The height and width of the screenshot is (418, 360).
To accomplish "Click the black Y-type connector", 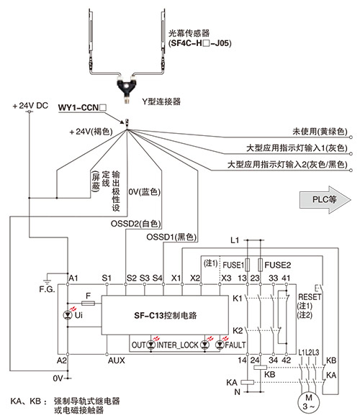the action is (127, 88).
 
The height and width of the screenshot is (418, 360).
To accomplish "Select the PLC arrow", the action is (325, 199).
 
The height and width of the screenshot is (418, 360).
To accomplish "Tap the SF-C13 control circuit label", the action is (166, 315).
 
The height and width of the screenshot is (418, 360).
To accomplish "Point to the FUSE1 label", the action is (233, 265).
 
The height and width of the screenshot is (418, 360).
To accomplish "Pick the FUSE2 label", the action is (277, 265).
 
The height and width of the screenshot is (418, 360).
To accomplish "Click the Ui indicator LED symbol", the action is (68, 315).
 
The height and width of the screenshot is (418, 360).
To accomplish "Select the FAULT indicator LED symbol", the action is (220, 345).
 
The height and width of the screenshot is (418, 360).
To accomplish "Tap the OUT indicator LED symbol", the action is (151, 345).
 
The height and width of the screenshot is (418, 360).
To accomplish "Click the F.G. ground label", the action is (47, 289).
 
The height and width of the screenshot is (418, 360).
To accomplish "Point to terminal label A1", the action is (73, 278).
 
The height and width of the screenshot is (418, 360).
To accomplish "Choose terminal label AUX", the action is (117, 360).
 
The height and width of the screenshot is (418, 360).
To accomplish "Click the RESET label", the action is (310, 296).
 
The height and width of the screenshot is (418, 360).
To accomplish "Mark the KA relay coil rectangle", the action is (248, 382).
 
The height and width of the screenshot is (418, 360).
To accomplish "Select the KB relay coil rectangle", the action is (260, 368).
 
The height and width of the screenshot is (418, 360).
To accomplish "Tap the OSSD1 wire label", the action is (171, 237).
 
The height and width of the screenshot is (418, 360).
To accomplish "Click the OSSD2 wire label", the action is (136, 224).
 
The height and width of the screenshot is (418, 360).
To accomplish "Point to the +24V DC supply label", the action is (30, 106).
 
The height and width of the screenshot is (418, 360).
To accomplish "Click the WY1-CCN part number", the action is (82, 108).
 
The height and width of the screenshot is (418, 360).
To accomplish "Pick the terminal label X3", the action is (226, 278).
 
